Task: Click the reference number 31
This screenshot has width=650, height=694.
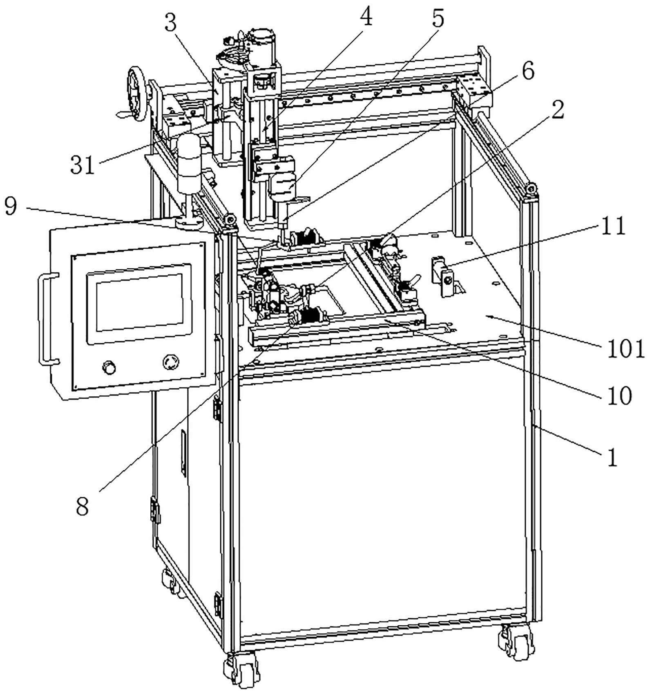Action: (x=83, y=166)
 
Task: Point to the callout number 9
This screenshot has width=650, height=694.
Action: (x=11, y=207)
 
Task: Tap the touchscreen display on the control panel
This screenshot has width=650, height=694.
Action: (x=139, y=302)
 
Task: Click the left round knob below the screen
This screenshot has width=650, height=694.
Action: (x=109, y=367)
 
